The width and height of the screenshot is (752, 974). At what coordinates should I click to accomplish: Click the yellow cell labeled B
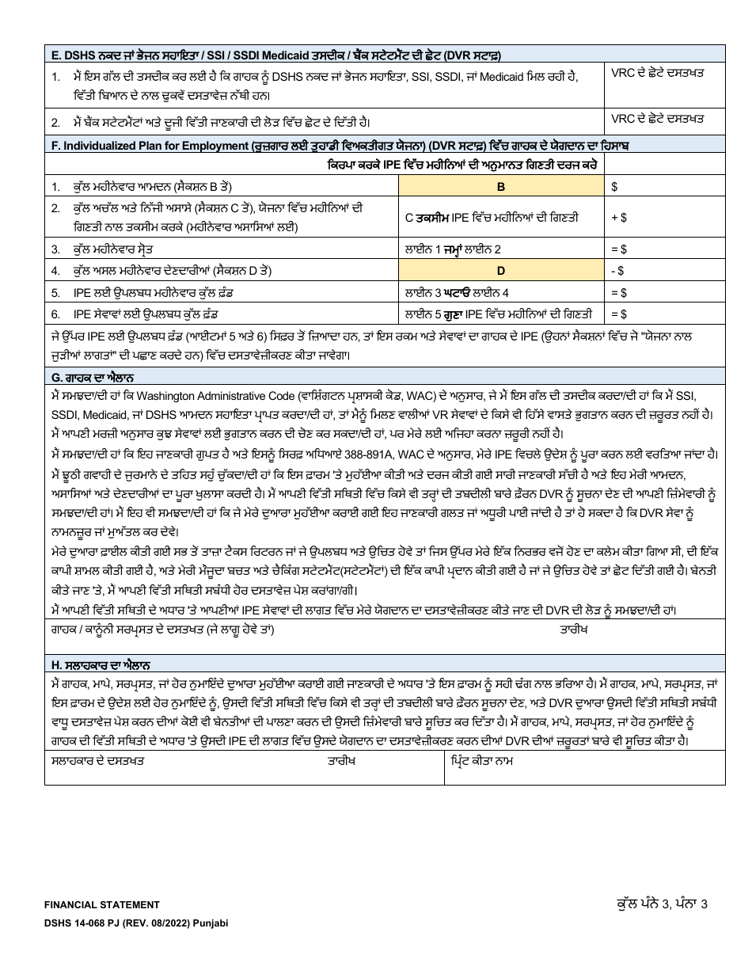click(500, 186)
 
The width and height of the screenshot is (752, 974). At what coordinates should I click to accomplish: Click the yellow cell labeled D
click(500, 271)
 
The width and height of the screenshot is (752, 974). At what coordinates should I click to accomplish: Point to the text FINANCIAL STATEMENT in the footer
click(102, 904)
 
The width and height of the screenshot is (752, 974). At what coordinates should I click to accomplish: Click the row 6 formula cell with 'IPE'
click(500, 314)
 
